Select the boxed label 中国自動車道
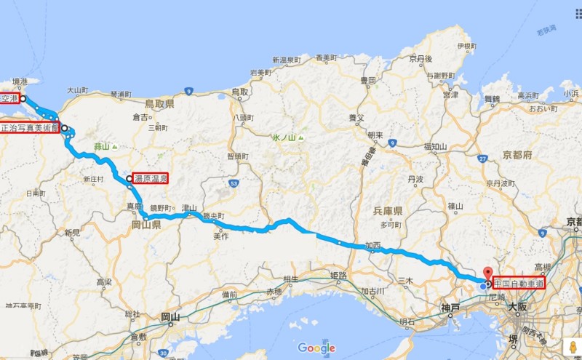(519, 284)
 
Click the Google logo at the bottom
(316, 348)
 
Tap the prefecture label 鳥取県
(159, 105)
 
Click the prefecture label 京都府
(518, 156)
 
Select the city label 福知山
(434, 146)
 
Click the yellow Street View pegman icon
(572, 347)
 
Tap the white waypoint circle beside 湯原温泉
(129, 179)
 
